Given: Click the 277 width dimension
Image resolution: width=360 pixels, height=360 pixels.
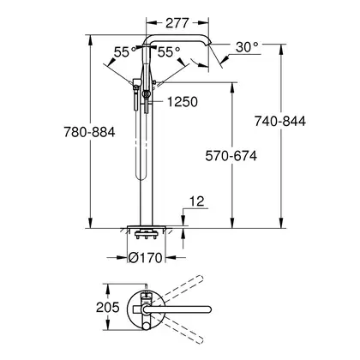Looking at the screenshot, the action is pos(177,23).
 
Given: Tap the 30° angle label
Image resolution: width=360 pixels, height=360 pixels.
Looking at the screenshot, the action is pos(247,47).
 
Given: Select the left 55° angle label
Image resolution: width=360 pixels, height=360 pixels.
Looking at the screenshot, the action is pos(125,52).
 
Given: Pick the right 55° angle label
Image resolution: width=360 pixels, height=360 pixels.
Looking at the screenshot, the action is pos(169,52).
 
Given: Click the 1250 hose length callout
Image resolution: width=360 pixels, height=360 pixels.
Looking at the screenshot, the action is pos(183,102).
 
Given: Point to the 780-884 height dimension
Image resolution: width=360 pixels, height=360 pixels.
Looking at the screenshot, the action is pos(89,132).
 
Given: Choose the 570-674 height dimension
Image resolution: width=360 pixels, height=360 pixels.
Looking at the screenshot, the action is pos(231,156).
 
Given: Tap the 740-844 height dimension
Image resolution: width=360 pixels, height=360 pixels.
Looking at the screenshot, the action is pos(280,121).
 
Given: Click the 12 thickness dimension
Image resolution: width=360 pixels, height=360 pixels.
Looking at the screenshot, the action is pos(197,201).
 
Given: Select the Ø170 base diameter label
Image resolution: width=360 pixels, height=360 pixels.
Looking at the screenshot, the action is pos(145,258).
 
